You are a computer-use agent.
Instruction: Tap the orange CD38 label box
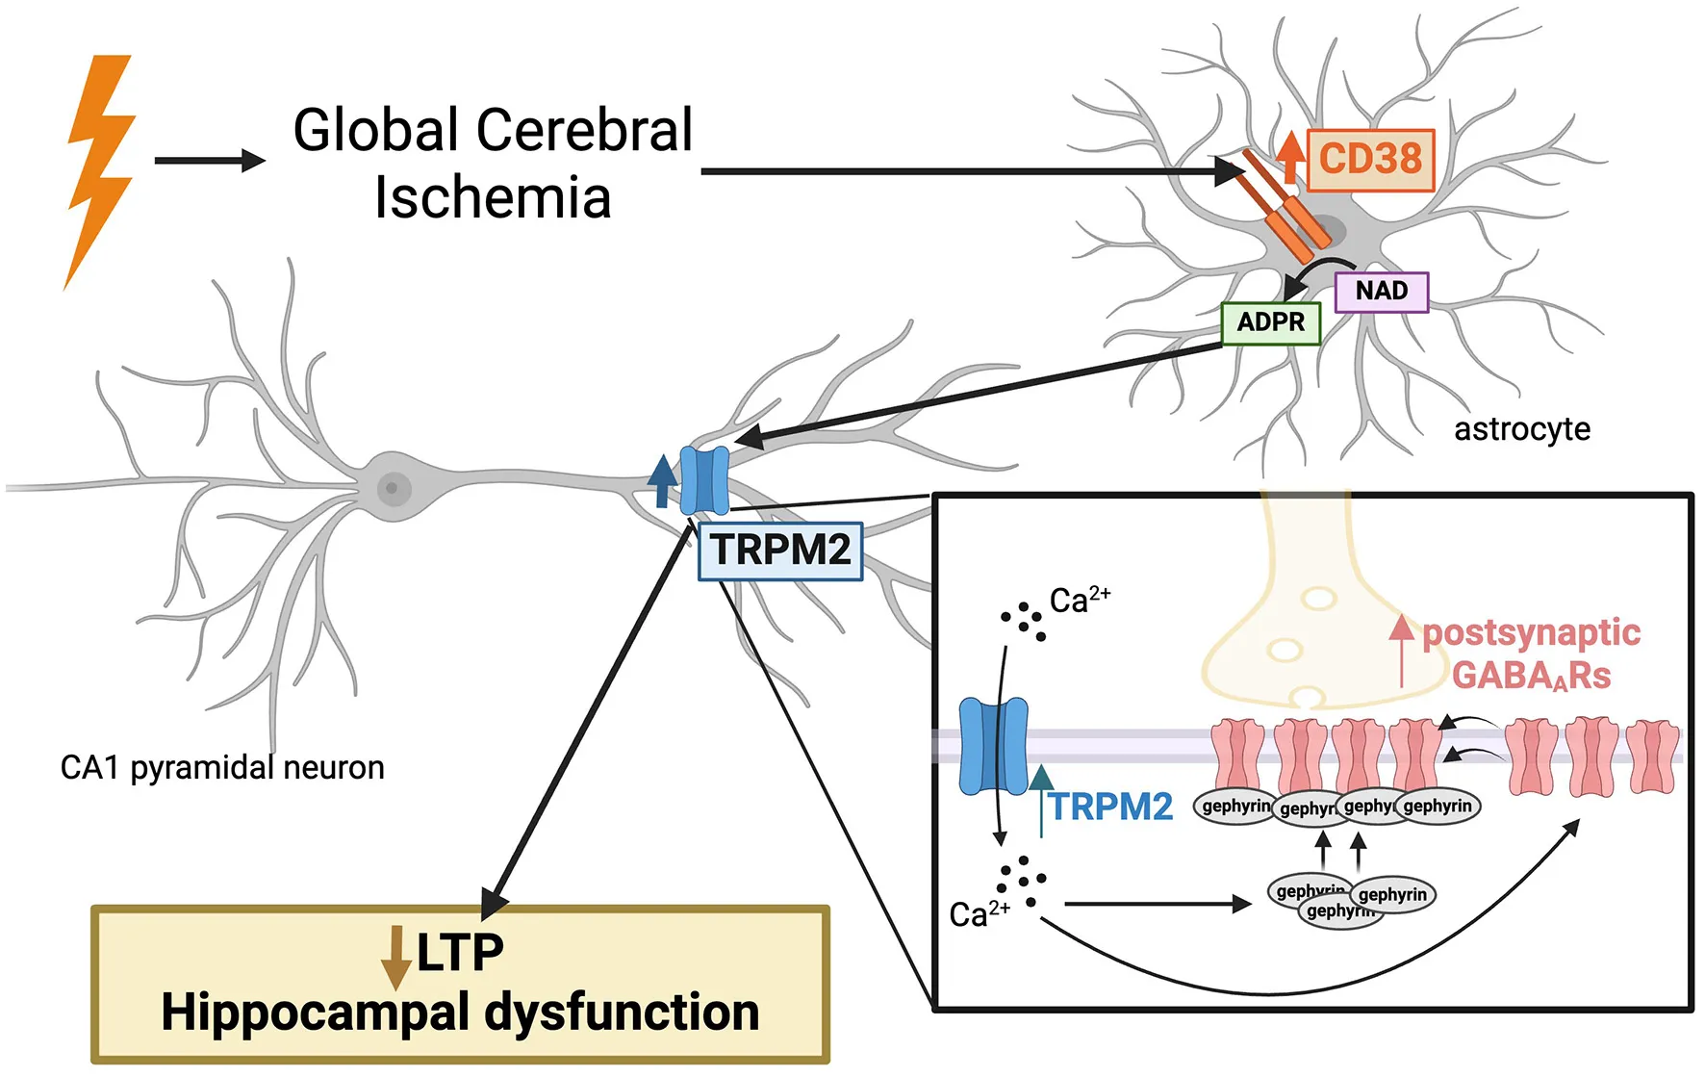[1370, 160]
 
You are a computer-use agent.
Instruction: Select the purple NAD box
[1382, 292]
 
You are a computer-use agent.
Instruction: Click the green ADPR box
[1270, 322]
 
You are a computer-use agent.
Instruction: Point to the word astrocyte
[1521, 429]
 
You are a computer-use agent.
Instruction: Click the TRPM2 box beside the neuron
[780, 551]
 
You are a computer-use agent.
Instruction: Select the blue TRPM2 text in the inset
[1111, 807]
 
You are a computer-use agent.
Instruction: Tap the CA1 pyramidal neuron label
[222, 768]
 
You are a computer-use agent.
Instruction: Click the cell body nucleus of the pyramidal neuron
[392, 488]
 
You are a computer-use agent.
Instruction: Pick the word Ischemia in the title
[493, 198]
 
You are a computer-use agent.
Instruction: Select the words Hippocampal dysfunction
[460, 1013]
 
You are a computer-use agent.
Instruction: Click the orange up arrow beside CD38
[1291, 157]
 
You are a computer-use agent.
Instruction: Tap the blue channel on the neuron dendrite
[704, 480]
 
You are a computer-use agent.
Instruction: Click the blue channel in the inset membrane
[993, 747]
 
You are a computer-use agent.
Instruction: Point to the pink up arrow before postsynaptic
[1402, 650]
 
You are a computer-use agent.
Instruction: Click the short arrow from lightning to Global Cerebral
[209, 161]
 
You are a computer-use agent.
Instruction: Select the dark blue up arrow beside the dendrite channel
[662, 480]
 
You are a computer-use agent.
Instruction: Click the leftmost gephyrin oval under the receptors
[1235, 806]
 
